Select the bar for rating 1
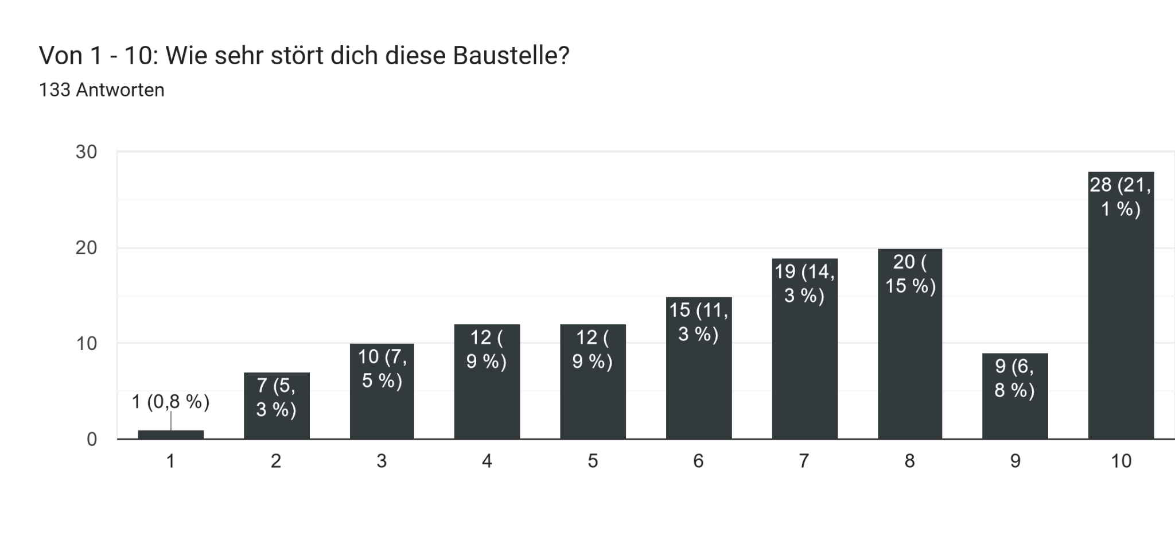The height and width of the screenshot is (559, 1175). click(171, 434)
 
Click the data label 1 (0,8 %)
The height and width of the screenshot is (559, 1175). click(171, 402)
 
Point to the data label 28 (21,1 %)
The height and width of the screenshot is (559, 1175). click(1120, 196)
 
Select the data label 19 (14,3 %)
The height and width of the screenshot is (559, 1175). click(804, 283)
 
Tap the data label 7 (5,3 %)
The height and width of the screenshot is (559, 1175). click(277, 397)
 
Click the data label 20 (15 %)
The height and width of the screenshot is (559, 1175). click(910, 274)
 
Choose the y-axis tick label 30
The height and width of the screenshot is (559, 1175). click(87, 152)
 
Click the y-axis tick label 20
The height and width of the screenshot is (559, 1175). click(87, 248)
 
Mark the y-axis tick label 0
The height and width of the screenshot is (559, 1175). click(92, 440)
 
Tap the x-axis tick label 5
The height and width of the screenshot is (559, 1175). click(593, 461)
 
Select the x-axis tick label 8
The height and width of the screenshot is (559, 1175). click(910, 461)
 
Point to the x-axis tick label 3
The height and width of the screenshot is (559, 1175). click(382, 461)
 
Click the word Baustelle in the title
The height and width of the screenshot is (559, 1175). click(511, 56)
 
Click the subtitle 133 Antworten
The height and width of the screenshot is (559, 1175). click(102, 90)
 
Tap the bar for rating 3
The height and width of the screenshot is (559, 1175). click(382, 413)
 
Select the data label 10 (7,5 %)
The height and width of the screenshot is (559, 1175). click(382, 368)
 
